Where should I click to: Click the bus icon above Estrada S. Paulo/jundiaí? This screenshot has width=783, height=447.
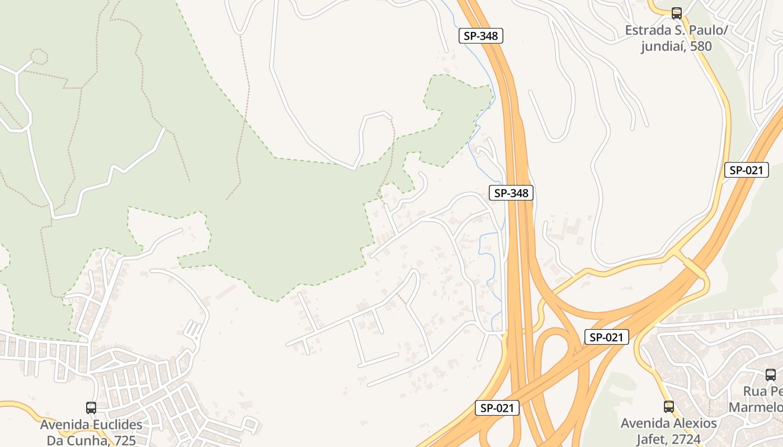pos(677,13)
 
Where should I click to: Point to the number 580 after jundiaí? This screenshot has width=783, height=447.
pos(701,46)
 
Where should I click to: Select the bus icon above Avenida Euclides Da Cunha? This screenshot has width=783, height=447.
pos(91,408)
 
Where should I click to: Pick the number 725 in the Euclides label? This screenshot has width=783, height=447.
pos(125,440)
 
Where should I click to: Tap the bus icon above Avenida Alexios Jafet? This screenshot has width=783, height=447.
pos(668,406)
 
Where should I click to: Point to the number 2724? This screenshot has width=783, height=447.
pos(682,439)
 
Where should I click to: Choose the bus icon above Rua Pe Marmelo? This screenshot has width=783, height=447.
pos(770,375)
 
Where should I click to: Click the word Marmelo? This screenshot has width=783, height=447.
pos(756,407)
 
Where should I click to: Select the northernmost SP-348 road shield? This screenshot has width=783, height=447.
pos(481,36)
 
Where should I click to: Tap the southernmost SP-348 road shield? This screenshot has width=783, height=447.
pos(511,193)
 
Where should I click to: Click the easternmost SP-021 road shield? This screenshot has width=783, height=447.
pos(746,170)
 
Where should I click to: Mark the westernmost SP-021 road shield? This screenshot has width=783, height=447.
pos(497,408)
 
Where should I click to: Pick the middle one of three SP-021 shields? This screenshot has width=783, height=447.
pos(606,337)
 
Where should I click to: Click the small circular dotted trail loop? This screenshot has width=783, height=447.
pos(38,56)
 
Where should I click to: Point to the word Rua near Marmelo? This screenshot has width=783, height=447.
pos(755,391)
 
